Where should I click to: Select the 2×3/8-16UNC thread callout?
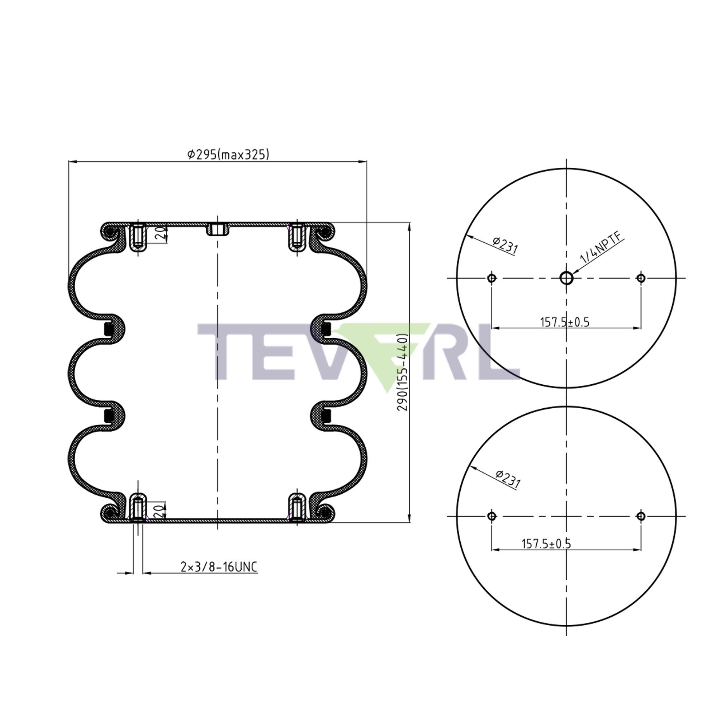[x=219, y=567]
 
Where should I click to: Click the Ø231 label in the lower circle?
[x=508, y=479]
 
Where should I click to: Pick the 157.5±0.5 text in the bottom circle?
[x=546, y=544]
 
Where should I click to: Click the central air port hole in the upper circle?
[x=566, y=277]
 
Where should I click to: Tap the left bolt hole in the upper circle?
[x=492, y=278]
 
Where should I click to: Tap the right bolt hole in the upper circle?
[x=641, y=278]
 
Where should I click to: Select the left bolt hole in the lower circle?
[x=492, y=516]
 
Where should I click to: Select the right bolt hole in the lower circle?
[x=641, y=516]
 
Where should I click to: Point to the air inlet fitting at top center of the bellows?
[x=218, y=229]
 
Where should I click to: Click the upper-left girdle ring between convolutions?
[x=109, y=329]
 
